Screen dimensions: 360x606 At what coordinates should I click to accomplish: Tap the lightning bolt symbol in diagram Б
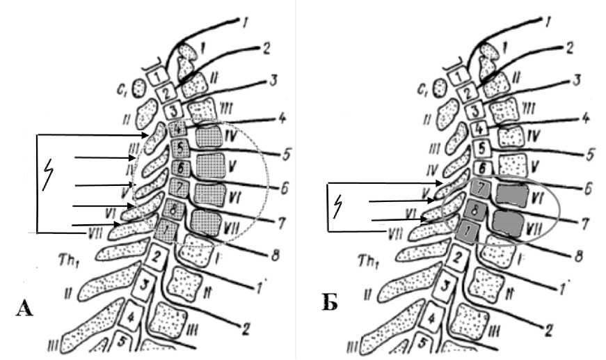pos(340,204)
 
